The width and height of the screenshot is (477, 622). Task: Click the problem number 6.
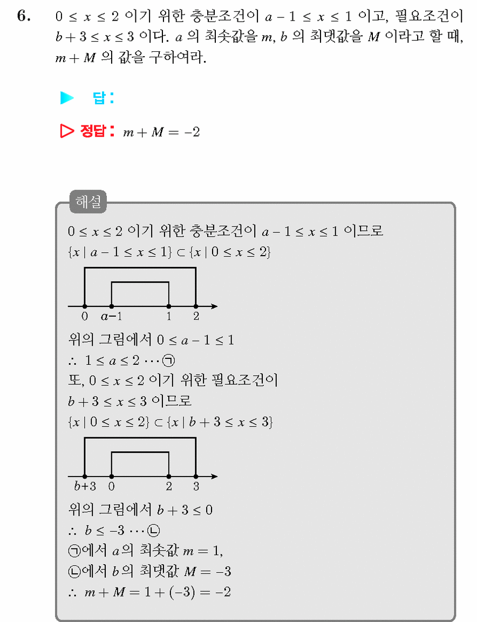24,16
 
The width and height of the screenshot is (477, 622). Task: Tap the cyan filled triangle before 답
67,98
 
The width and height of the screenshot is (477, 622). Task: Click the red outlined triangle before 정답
67,131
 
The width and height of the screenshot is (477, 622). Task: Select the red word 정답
93,131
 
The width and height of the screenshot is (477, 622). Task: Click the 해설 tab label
88,202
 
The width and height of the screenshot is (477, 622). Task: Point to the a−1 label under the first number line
111,316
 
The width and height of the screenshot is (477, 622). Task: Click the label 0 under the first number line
85,316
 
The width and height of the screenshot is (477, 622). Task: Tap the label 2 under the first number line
196,316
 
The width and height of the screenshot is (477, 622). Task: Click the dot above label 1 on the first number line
169,306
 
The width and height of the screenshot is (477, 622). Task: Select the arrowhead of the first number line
214,306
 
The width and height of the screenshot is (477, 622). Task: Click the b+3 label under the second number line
85,486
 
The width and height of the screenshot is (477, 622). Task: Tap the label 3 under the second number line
196,486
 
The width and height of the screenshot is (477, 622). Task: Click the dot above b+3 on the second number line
85,477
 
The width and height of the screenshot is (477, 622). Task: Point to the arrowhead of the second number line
214,477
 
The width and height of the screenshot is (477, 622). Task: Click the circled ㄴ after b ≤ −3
154,530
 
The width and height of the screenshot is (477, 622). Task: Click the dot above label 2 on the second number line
169,477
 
